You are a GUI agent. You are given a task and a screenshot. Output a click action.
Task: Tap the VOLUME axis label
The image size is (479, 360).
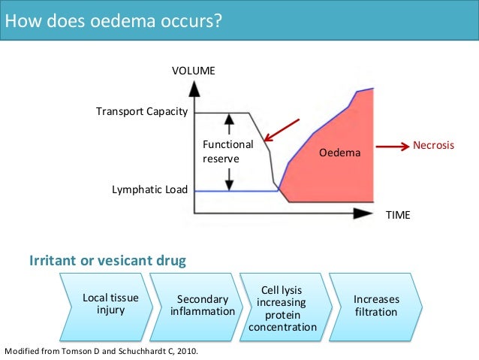(194, 71)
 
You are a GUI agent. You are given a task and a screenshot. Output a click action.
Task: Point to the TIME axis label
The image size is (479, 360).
(397, 215)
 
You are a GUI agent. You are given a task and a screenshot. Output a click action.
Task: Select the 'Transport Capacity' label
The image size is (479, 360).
(140, 112)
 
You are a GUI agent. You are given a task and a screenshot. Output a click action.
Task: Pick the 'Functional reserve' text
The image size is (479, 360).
(227, 151)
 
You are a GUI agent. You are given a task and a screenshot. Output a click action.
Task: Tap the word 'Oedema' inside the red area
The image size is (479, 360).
(339, 153)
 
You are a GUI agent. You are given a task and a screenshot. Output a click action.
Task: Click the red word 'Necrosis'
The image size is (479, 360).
(433, 145)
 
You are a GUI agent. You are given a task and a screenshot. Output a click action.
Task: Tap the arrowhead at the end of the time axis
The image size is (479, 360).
(363, 213)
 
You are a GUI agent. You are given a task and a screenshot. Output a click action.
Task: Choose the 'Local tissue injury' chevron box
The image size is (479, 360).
(102, 304)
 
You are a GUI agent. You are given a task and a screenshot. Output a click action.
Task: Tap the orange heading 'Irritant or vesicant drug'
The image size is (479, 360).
(107, 261)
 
